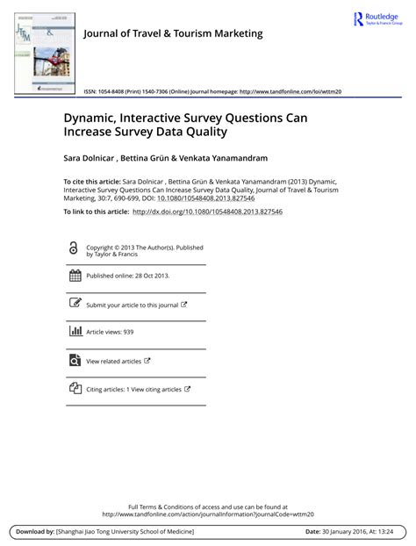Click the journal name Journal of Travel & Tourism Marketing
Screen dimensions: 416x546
tap(172, 34)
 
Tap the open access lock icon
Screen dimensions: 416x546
tap(74, 249)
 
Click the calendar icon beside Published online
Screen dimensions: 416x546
tap(74, 276)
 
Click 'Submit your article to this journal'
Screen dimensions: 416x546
tap(132, 305)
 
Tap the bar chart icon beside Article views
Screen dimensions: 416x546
tap(74, 332)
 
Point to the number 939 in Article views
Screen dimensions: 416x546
tap(128, 333)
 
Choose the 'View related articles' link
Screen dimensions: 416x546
tap(113, 361)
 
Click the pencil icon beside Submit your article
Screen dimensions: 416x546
tap(74, 304)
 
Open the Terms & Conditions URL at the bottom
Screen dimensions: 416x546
tap(208, 514)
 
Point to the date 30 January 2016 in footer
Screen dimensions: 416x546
tap(350, 532)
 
